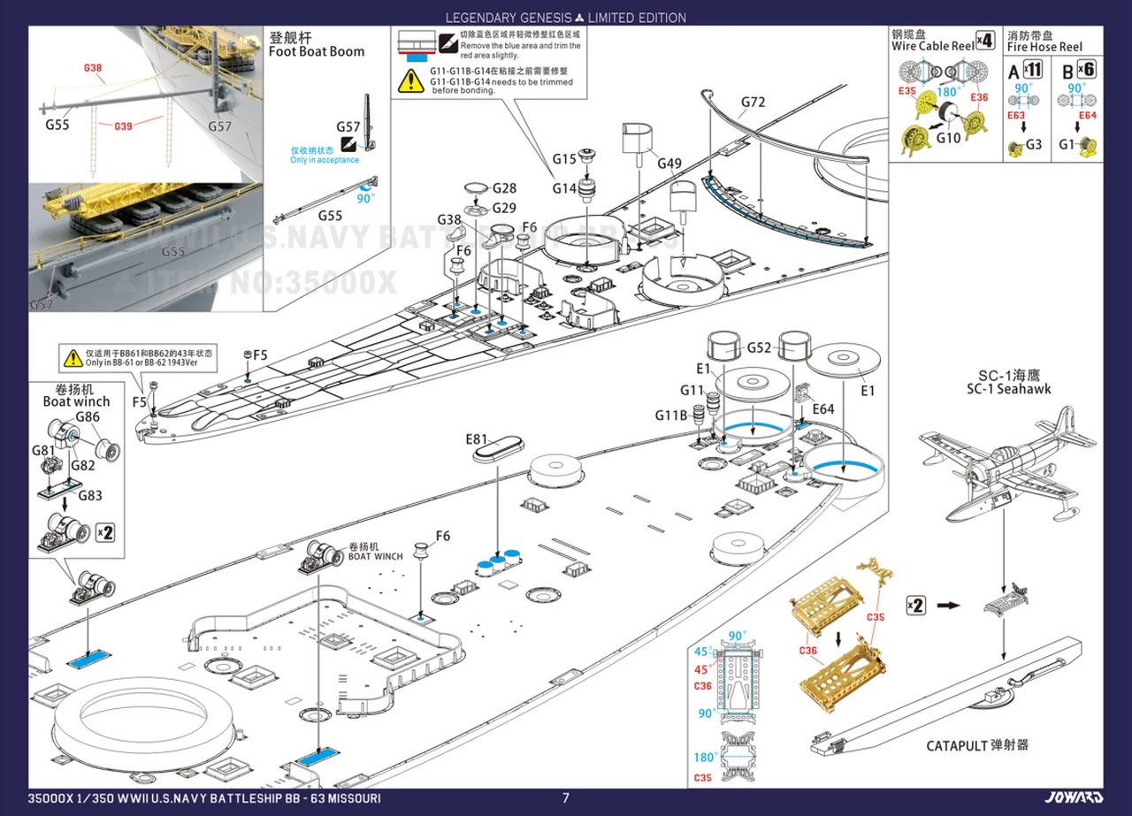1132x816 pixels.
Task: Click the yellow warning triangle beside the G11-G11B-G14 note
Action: [410, 80]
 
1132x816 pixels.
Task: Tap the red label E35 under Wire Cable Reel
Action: [906, 91]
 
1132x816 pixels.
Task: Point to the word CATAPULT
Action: [957, 745]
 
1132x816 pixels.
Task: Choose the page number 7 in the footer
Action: [566, 798]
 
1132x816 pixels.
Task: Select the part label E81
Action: [477, 439]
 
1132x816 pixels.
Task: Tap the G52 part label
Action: [760, 347]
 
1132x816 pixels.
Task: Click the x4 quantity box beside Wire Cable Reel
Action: [985, 41]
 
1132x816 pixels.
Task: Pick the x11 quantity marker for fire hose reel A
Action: [1032, 69]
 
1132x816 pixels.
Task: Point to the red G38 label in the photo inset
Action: [93, 68]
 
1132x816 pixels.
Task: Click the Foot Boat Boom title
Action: [317, 51]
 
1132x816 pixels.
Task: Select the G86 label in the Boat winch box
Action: [87, 417]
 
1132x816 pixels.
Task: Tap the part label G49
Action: [669, 163]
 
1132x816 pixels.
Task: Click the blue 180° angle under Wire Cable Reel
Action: [947, 92]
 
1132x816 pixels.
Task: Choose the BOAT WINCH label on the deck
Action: [375, 556]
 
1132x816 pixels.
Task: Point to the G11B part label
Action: [670, 416]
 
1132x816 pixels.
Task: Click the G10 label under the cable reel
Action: [948, 137]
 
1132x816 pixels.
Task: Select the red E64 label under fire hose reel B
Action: [1087, 116]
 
